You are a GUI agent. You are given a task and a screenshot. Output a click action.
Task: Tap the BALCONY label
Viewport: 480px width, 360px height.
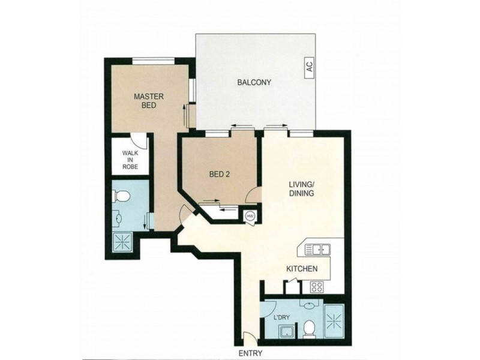coord(250,83)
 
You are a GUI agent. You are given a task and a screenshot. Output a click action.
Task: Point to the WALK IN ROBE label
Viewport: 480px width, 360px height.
coord(130,160)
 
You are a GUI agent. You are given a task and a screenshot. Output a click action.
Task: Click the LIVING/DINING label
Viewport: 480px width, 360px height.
coord(298,190)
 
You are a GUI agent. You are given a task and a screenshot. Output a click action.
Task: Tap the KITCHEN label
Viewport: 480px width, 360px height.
coord(301,269)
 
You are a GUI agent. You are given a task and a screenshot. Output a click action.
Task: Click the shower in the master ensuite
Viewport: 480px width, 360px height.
coord(125,244)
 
